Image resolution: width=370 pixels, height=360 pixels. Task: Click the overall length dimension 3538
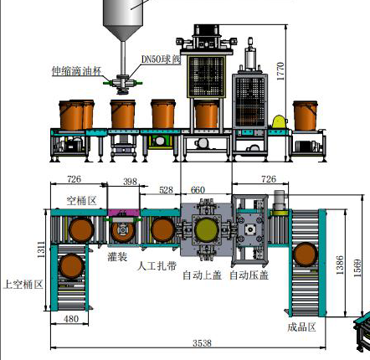(202, 343)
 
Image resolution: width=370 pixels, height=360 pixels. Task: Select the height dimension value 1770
(280, 71)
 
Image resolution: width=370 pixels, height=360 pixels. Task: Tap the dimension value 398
(131, 182)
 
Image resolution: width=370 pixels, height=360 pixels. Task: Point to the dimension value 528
(166, 190)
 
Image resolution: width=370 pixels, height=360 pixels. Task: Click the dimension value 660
(198, 190)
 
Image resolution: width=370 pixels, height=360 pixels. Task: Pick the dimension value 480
(71, 319)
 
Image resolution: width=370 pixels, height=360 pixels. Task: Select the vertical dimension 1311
(41, 249)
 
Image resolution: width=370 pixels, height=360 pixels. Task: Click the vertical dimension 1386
(340, 265)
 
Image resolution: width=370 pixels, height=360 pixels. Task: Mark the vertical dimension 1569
(357, 268)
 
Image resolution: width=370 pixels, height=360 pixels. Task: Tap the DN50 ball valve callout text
(161, 59)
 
